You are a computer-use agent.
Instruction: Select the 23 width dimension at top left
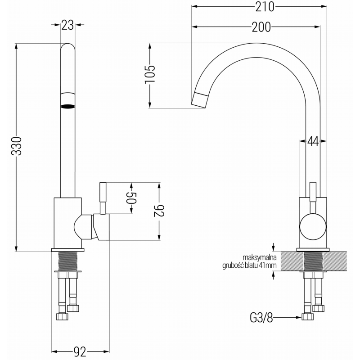[67, 26]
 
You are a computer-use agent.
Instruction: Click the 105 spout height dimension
[150, 75]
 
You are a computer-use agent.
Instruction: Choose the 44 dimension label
[313, 141]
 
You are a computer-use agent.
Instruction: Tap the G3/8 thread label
[261, 318]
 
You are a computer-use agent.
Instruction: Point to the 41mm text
[268, 265]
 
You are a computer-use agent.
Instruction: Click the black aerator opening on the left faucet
[67, 106]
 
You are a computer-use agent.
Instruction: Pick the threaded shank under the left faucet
[67, 261]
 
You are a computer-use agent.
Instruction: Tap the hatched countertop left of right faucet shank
[290, 261]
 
